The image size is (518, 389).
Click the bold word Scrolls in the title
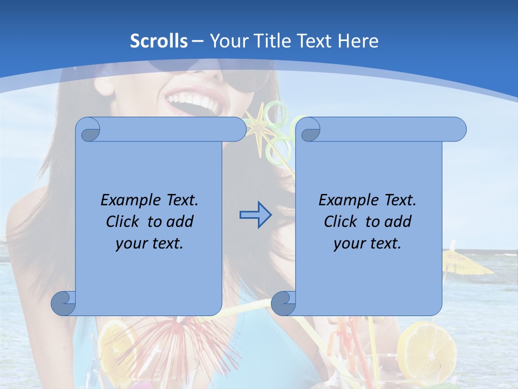159,41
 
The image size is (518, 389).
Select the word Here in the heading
358,41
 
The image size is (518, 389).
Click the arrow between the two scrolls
255,215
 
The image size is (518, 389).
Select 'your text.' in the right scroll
367,243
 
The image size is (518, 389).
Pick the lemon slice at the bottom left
116,346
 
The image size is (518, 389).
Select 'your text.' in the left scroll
149,243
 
